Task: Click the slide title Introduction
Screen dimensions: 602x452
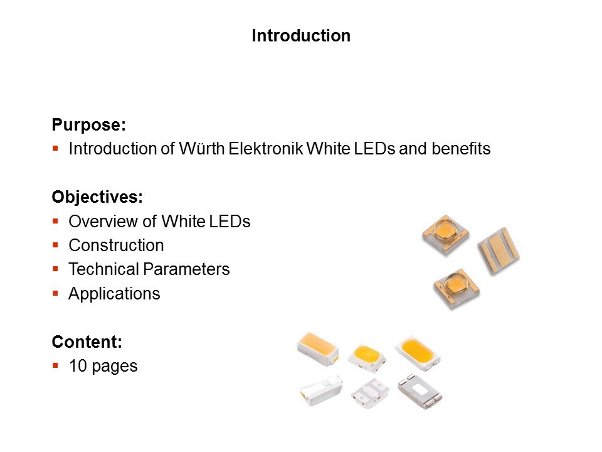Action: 301,36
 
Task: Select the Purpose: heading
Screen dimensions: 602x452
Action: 88,124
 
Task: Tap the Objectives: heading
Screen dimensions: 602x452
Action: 97,196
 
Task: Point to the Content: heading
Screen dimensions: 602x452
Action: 87,342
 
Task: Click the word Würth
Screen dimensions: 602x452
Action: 202,148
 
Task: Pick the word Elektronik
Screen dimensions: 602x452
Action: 266,148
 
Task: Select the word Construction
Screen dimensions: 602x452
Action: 117,245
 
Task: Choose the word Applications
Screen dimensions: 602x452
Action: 114,294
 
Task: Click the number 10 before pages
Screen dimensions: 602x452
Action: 78,366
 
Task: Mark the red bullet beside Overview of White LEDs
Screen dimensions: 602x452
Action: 56,221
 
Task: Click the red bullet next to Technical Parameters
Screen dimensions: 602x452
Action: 56,269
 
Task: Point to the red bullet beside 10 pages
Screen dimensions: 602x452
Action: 56,365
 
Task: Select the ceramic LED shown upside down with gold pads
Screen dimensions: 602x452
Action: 499,250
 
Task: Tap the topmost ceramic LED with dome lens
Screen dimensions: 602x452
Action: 446,234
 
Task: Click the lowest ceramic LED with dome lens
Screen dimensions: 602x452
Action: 457,288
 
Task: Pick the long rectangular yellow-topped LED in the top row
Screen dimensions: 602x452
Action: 318,348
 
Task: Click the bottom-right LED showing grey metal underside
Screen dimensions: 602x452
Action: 420,391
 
